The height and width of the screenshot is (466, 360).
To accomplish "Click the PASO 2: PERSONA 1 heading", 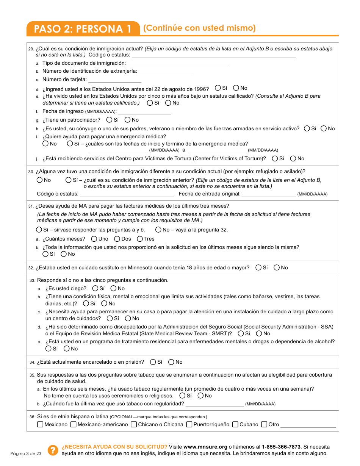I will click(83, 29).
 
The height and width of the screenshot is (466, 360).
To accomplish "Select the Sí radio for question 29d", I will click(218, 88).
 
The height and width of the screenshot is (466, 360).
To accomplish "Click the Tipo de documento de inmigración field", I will click(177, 63).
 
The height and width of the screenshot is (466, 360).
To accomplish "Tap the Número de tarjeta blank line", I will click(114, 80).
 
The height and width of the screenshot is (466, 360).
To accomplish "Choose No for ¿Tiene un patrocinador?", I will click(128, 120).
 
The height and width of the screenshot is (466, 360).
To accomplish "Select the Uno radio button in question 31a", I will click(94, 239).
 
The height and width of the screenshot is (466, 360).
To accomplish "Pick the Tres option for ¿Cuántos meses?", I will click(140, 239).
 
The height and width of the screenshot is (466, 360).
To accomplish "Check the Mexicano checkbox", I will click(40, 424).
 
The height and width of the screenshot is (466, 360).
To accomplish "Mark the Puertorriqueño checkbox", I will click(189, 424).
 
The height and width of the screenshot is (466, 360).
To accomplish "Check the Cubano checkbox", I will click(235, 424).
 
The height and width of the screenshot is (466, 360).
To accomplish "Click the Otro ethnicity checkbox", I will click(265, 424).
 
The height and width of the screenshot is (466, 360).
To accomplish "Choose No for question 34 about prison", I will click(171, 362).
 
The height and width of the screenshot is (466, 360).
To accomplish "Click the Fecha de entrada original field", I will click(269, 194).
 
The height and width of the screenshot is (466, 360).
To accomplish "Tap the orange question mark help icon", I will click(52, 450).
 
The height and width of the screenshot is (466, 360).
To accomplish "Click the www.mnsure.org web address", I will click(205, 447).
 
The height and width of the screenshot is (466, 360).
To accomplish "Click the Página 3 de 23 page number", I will click(26, 453).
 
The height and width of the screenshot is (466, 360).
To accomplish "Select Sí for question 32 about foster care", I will click(258, 267).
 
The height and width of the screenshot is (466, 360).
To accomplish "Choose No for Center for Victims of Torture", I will click(293, 158).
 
